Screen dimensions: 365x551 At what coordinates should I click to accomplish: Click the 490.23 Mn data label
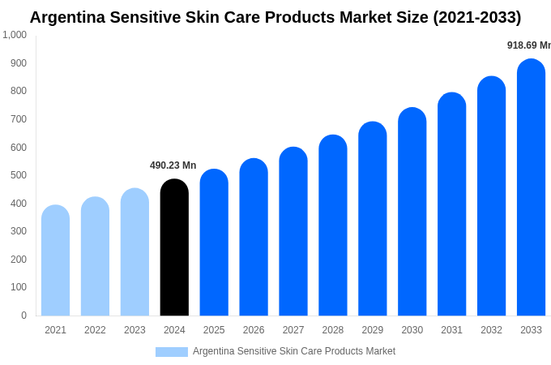[x=173, y=165]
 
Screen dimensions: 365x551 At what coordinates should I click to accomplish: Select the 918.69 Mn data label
[x=528, y=45]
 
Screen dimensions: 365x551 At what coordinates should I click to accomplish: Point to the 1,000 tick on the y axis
[x=15, y=35]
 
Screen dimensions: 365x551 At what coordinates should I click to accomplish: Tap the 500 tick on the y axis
[x=18, y=175]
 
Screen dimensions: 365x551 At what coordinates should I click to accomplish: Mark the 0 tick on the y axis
[x=23, y=316]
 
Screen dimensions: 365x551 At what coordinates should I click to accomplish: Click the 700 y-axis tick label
[x=18, y=119]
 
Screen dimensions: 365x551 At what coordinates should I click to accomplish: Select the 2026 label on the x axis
[x=254, y=330]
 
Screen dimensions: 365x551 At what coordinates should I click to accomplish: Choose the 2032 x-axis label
[x=491, y=330]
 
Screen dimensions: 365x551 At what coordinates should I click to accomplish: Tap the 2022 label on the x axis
[x=95, y=330]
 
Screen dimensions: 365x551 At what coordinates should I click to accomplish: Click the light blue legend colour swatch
[x=172, y=352]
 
